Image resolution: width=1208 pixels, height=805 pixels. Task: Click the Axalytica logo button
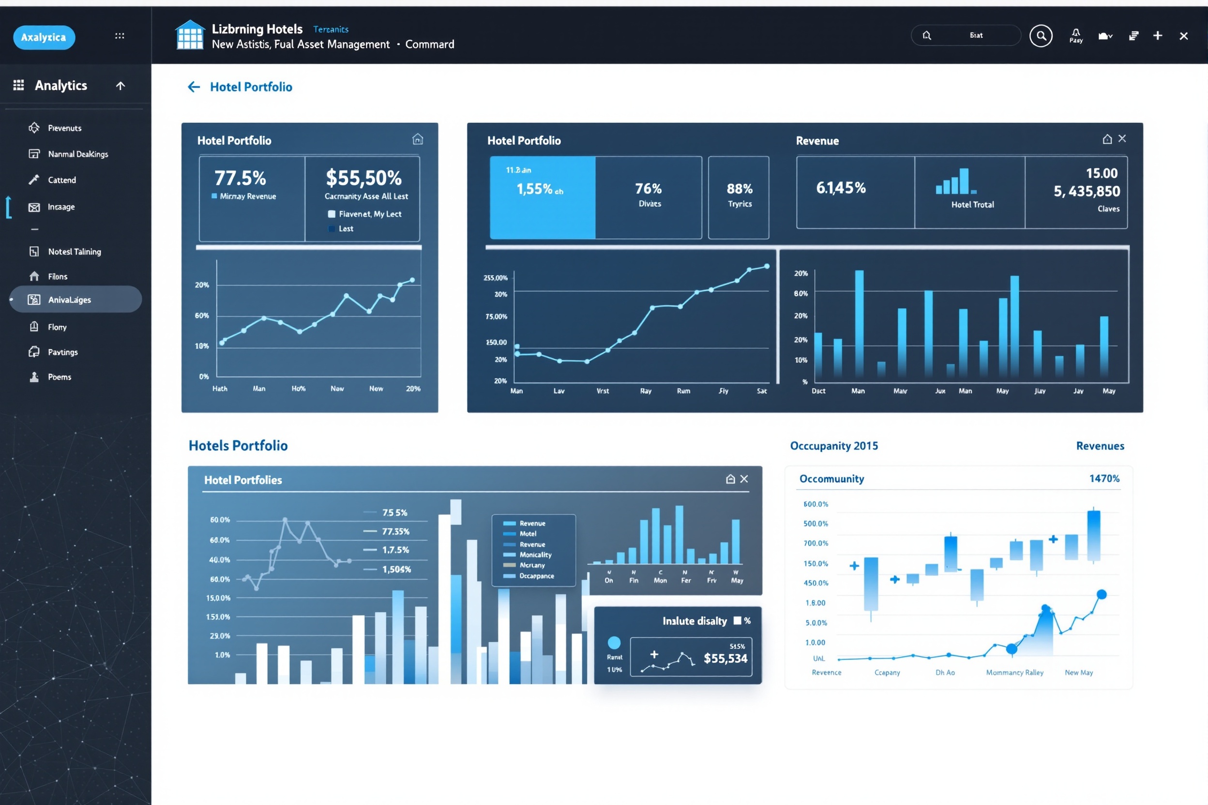point(44,37)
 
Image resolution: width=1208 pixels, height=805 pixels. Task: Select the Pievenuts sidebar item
point(64,128)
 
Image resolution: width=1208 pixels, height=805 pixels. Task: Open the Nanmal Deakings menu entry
point(77,154)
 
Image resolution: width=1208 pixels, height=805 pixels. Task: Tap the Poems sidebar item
point(59,377)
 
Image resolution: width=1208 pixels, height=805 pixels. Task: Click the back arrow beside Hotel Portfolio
point(194,87)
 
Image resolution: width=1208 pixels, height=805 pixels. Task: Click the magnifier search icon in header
point(1041,36)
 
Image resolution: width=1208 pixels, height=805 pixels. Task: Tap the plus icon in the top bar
point(1158,35)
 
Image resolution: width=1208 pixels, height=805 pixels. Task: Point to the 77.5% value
point(240,178)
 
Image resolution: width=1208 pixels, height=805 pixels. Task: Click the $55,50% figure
point(363,178)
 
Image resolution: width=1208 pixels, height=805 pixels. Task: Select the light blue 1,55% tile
point(543,198)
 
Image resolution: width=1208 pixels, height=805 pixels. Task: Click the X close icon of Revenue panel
point(1122,139)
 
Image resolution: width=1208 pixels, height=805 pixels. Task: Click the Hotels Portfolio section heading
point(238,446)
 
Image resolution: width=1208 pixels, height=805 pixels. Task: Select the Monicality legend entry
point(535,555)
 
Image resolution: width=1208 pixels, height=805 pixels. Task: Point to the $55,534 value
point(725,659)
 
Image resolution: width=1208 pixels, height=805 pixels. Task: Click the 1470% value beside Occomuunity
point(1104,478)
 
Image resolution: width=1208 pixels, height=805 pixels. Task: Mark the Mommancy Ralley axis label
point(1014,672)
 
